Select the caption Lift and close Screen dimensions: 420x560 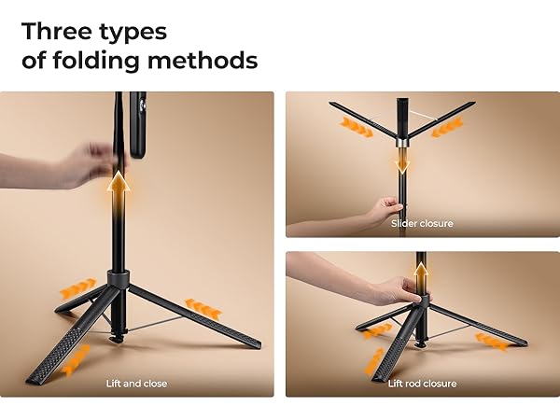(137, 384)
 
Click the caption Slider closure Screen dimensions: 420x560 (422, 224)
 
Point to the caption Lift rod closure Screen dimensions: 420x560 (422, 384)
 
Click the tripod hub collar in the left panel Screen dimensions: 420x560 (119, 278)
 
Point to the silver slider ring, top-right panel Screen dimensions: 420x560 (402, 143)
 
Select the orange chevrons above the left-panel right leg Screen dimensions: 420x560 (203, 307)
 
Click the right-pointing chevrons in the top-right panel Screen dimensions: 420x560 (357, 128)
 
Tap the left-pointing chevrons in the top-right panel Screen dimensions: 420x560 (447, 125)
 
